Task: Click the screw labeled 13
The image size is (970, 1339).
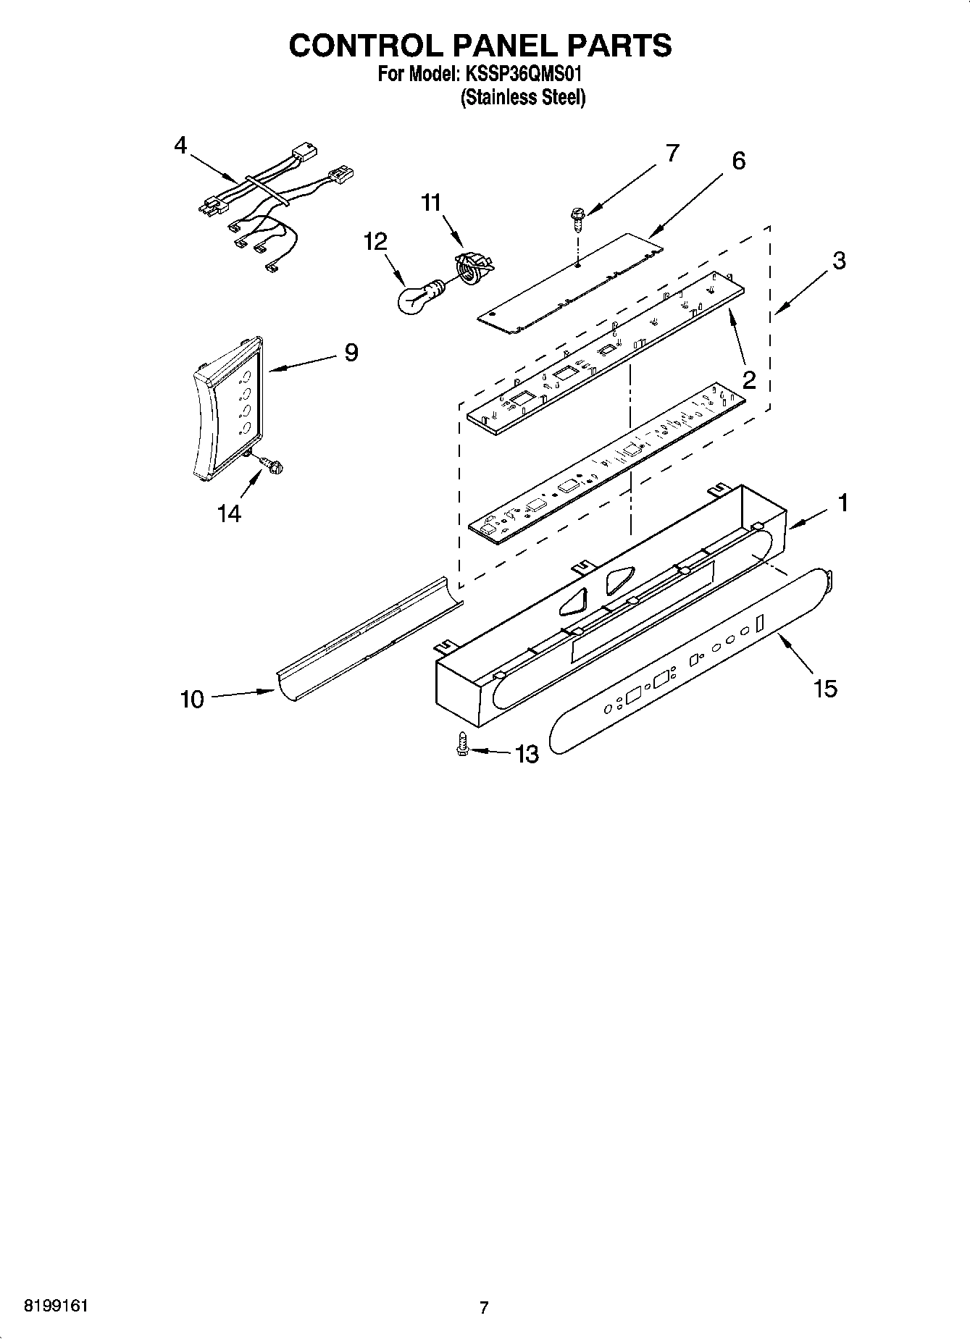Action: (461, 745)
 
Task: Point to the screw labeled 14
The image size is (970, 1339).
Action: (272, 464)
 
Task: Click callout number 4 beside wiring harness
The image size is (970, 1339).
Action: (180, 146)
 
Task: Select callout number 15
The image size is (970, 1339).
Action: (825, 688)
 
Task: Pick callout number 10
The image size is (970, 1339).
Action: (192, 700)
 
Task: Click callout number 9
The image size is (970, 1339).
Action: (351, 353)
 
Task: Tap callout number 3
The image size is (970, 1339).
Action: (838, 261)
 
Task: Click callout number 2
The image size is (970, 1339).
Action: (749, 379)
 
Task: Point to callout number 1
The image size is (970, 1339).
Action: (843, 502)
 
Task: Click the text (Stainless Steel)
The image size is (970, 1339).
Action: (522, 98)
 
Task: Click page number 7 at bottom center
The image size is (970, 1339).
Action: (484, 1308)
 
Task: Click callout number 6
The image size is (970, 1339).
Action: (738, 161)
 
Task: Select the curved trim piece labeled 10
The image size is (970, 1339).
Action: (369, 634)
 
